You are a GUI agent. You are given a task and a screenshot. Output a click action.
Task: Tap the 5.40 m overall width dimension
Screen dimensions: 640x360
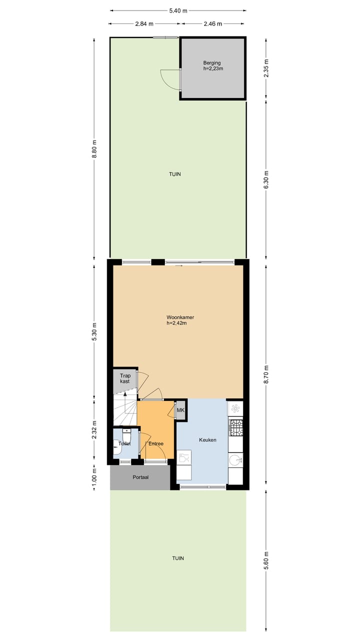(178, 10)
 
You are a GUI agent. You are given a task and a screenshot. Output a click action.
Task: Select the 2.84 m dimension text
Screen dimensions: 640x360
(144, 23)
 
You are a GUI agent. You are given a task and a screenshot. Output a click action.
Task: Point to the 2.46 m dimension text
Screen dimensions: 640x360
(212, 23)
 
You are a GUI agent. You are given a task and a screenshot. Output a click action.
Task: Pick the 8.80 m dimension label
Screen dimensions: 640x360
(94, 148)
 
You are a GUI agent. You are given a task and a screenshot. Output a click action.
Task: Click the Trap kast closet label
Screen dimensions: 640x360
(124, 378)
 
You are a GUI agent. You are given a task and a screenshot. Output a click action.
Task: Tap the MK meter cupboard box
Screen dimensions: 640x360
(180, 410)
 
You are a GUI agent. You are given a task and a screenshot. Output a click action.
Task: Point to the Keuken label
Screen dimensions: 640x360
(207, 440)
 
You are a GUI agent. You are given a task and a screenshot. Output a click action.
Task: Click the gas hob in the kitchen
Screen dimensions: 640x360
(235, 425)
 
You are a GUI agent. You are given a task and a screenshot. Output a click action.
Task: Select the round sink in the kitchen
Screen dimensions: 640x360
(235, 459)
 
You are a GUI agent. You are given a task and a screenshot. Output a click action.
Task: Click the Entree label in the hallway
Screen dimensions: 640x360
(155, 443)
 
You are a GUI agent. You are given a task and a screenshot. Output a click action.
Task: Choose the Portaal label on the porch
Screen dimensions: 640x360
(140, 477)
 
